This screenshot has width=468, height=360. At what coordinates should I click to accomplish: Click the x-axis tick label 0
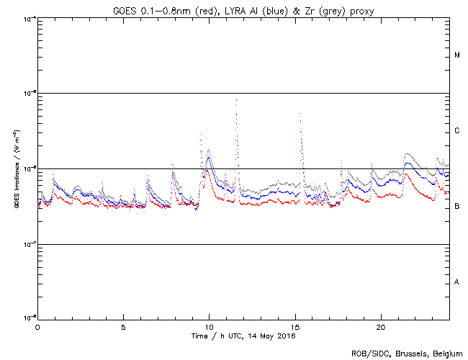pos(37,327)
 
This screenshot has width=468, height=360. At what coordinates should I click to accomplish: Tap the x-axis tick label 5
pos(123,327)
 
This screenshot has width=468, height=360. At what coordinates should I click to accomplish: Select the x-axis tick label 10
pos(209,327)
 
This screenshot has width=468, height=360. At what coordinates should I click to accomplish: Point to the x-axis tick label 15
pos(295,327)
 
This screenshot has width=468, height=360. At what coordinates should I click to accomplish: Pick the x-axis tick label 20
pos(381,327)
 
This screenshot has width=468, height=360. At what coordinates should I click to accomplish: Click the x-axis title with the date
pos(243,336)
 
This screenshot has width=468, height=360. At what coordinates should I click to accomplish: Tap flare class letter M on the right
pos(457,55)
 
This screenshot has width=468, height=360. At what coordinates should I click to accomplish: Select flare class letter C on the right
pos(457,131)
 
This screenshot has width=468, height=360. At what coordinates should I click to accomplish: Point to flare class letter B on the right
pos(457,207)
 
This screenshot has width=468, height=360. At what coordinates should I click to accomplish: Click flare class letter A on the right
pos(457,282)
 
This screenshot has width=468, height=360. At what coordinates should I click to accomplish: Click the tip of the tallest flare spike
pos(236,99)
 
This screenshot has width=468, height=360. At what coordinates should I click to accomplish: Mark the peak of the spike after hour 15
pos(300,113)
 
